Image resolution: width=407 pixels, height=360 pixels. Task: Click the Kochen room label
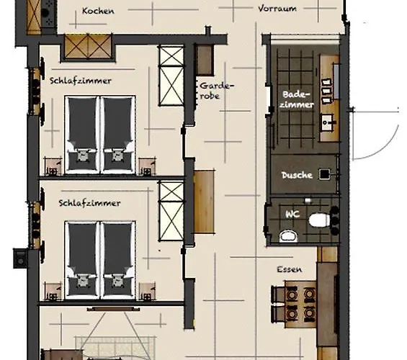coord(99,11)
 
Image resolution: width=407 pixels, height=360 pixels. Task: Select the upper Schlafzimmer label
coord(81,81)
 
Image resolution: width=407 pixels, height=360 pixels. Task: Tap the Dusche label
coord(296,175)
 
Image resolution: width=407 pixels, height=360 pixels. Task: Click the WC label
coord(292,213)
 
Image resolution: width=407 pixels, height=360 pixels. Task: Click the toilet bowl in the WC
coord(319,218)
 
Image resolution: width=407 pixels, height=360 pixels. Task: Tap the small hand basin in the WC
coord(287,234)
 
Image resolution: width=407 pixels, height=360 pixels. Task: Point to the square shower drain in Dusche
coord(325,174)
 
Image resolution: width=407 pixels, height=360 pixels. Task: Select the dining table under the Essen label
coord(295,303)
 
